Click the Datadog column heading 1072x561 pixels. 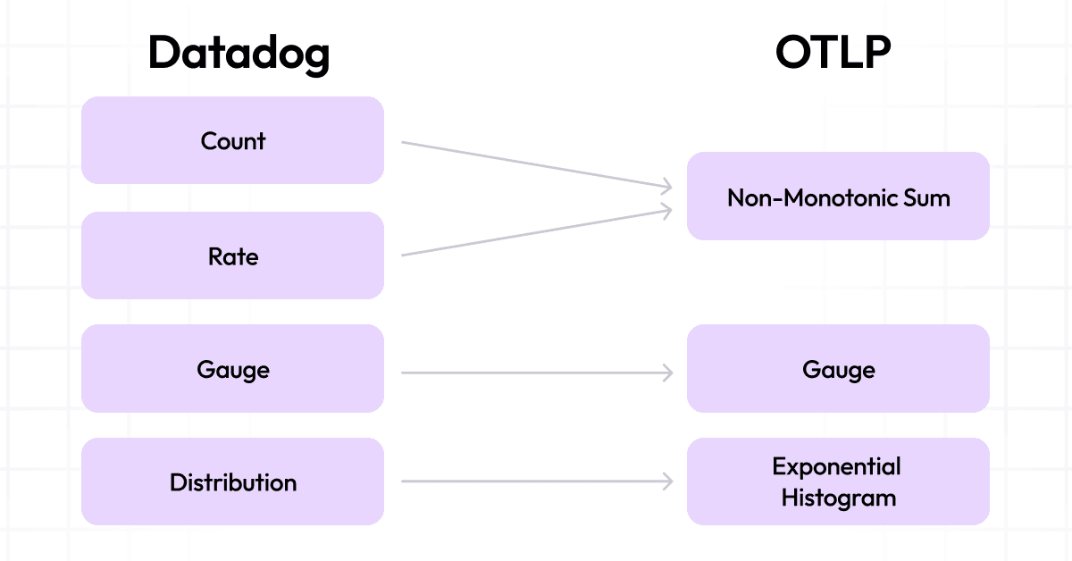click(x=239, y=53)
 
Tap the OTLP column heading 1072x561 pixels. click(x=833, y=53)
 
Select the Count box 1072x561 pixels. click(x=232, y=140)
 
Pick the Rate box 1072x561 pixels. click(x=232, y=256)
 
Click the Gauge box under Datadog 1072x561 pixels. click(x=232, y=369)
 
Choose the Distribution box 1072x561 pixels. click(x=232, y=482)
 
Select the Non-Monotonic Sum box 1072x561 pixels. click(x=838, y=197)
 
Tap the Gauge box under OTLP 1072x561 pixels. click(x=838, y=369)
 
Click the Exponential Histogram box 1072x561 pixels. click(x=838, y=482)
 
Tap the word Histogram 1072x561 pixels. click(x=838, y=498)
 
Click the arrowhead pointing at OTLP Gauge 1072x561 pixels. click(x=667, y=373)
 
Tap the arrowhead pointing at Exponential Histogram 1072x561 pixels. click(x=667, y=481)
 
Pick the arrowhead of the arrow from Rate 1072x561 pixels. click(x=666, y=209)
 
